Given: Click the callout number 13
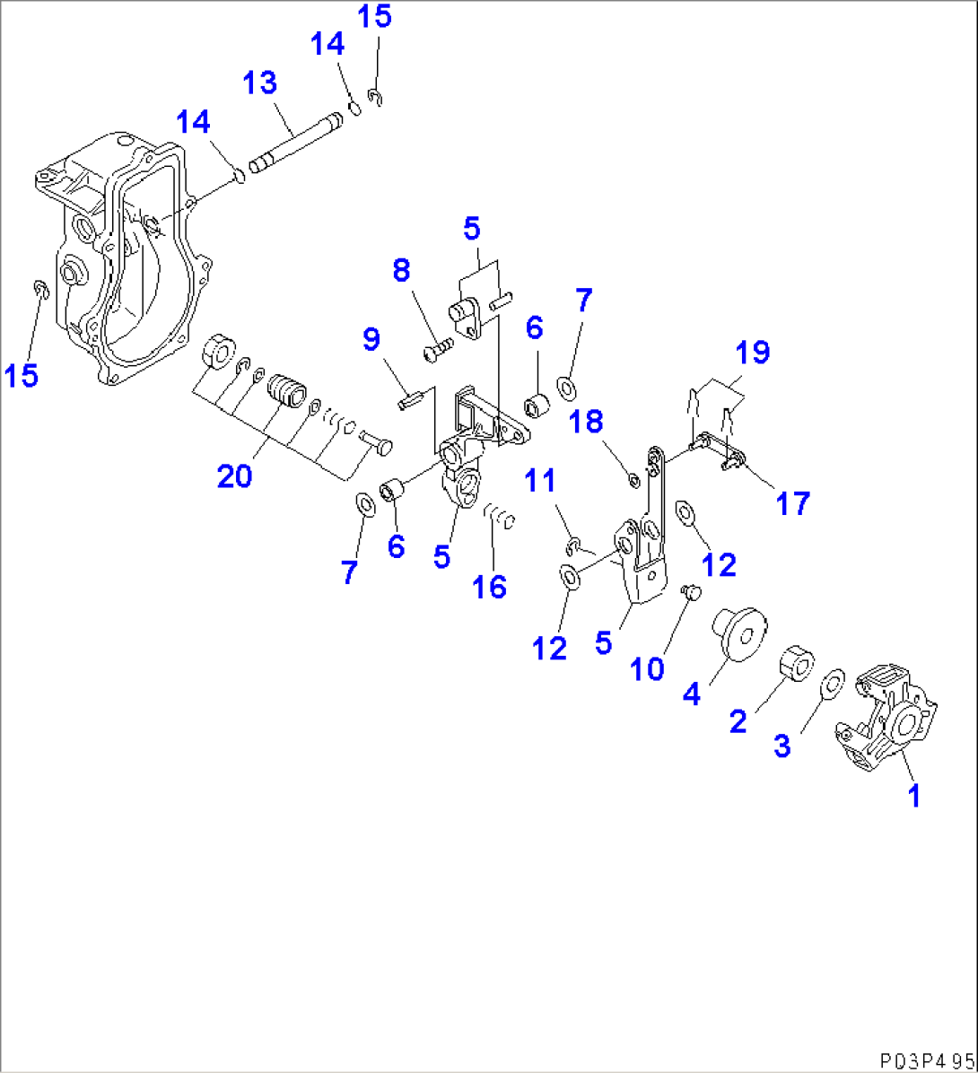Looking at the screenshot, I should [260, 84].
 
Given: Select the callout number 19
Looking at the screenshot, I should [755, 353].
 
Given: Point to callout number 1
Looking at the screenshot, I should [913, 795].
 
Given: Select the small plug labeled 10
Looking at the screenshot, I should [691, 591].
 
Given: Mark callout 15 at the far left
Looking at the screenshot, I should [22, 375].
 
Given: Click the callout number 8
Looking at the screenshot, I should [401, 268].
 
